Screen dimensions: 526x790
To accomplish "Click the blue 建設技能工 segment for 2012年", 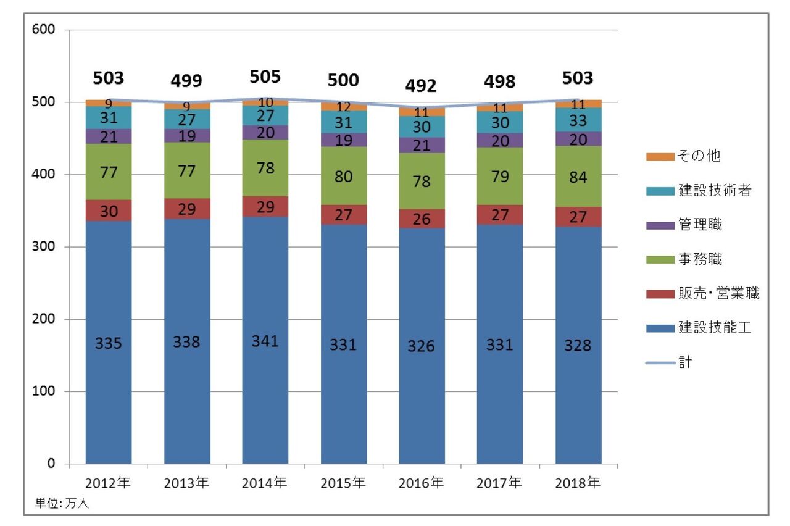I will click(x=109, y=342).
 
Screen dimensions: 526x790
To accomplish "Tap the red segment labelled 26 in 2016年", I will click(x=422, y=219).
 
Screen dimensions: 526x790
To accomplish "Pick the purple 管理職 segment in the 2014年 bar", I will click(x=265, y=133).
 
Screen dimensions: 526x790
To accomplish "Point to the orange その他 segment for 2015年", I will click(x=343, y=107).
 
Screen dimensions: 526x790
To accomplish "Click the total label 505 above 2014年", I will click(x=265, y=77).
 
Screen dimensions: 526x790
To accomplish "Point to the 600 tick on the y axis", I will click(x=47, y=30).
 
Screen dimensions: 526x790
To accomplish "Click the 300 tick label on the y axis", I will click(x=47, y=247).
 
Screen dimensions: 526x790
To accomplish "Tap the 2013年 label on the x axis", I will click(x=186, y=483).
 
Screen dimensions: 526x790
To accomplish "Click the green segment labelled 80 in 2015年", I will click(x=343, y=177).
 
